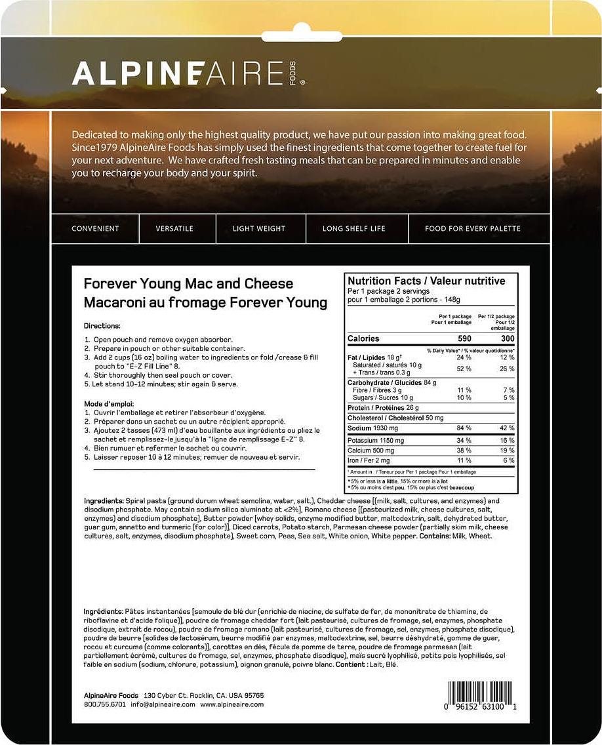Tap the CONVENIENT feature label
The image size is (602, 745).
tap(95, 229)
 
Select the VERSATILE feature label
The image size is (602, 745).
tap(174, 229)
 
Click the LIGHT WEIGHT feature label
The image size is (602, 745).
tap(259, 229)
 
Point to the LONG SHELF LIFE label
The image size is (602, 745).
tap(354, 229)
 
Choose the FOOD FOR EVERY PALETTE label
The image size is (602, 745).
tap(473, 229)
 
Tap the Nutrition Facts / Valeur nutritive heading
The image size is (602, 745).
tap(426, 281)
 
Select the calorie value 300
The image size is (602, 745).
tap(506, 338)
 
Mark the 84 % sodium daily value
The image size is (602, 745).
tap(464, 428)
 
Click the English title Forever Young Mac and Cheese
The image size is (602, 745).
tap(188, 284)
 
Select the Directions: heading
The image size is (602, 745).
tap(102, 325)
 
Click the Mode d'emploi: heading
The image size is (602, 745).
tap(109, 403)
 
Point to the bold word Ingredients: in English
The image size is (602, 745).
tap(103, 501)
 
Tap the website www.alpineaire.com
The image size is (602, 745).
tap(232, 704)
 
